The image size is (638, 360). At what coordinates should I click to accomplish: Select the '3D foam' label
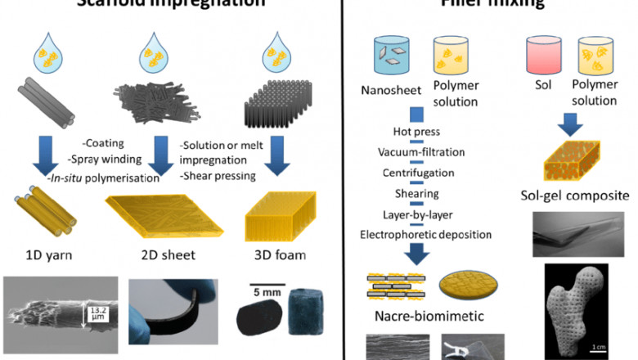coord(274,254)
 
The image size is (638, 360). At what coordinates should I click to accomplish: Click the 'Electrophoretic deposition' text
coord(425,235)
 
